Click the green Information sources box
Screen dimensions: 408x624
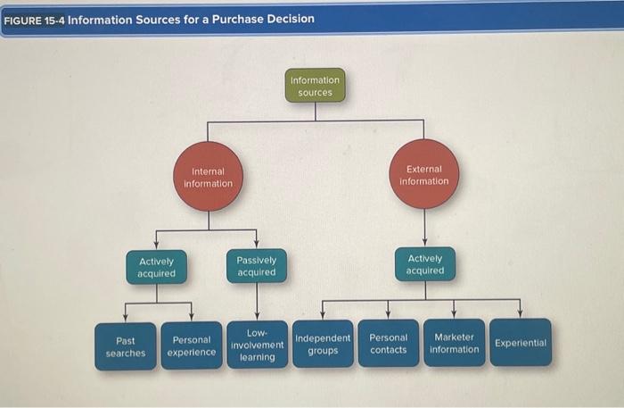point(315,86)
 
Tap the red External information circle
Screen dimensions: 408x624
point(424,175)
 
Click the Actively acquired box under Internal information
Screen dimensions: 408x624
point(156,267)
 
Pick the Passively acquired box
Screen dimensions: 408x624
point(257,266)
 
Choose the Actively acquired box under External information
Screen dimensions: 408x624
point(424,264)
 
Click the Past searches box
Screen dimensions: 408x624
point(125,346)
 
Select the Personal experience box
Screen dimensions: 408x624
point(192,346)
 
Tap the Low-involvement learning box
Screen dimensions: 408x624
point(257,345)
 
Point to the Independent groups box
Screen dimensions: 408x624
point(323,344)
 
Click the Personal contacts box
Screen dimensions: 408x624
point(388,343)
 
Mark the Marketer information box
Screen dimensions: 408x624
point(454,343)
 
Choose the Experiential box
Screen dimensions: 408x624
point(520,342)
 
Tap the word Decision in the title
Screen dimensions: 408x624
point(288,19)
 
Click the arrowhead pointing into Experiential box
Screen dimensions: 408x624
point(521,313)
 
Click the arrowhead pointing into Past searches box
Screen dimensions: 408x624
point(125,317)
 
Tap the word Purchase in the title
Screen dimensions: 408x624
point(234,19)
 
